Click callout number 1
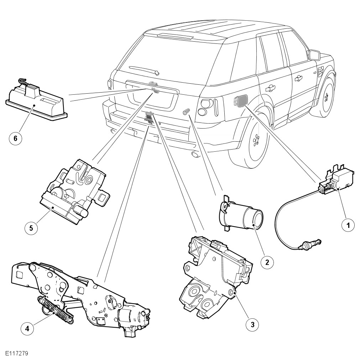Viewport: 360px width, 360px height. pos(348,225)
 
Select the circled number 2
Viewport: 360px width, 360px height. pos(267,262)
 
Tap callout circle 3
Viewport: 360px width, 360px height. pos(252,324)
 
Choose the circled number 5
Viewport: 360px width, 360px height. pos(31,228)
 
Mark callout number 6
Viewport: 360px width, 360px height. pos(15,139)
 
